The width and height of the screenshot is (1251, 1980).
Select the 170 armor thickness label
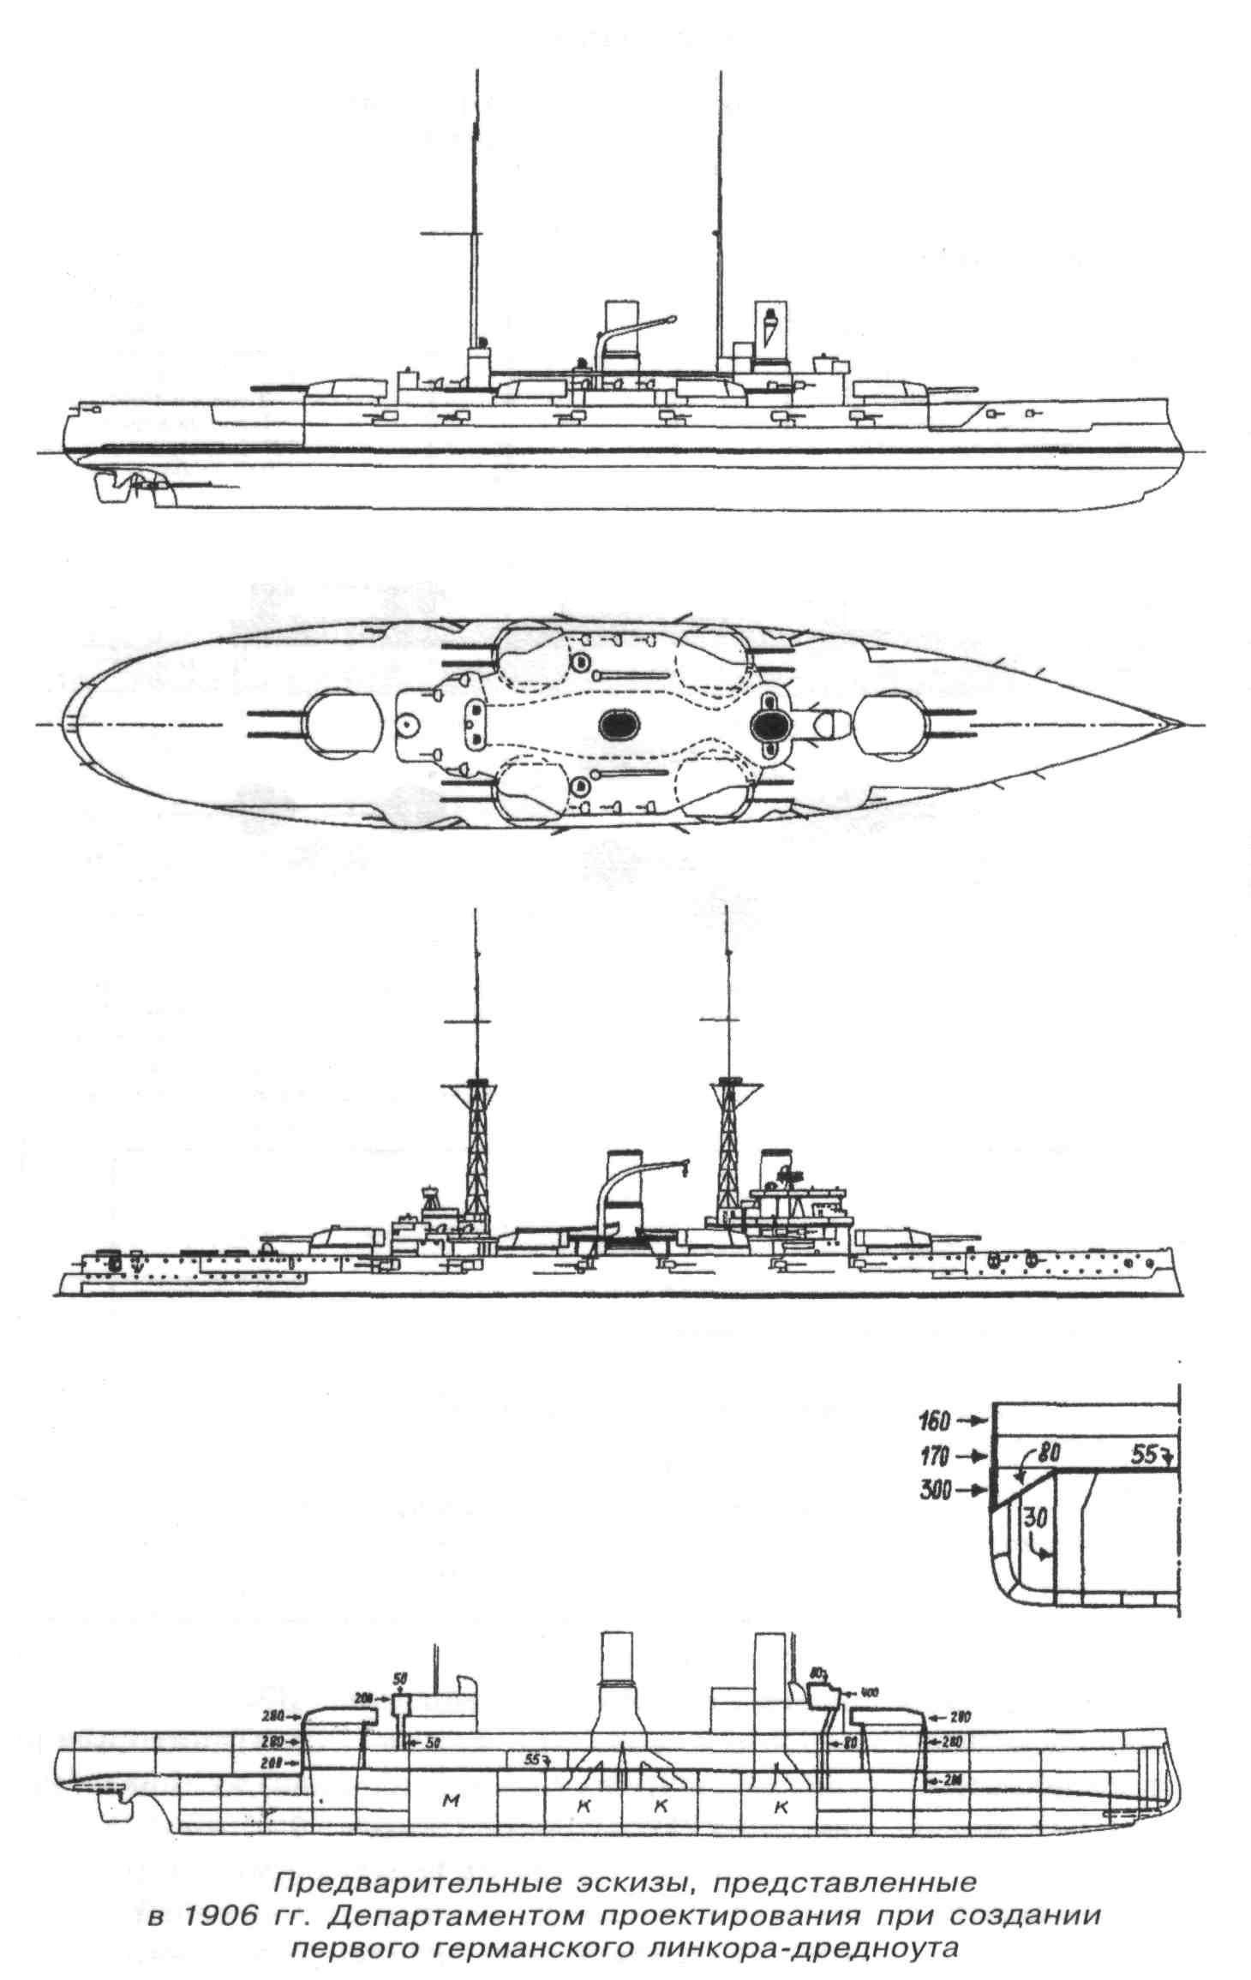934,1456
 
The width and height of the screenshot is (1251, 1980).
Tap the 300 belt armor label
934,1491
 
